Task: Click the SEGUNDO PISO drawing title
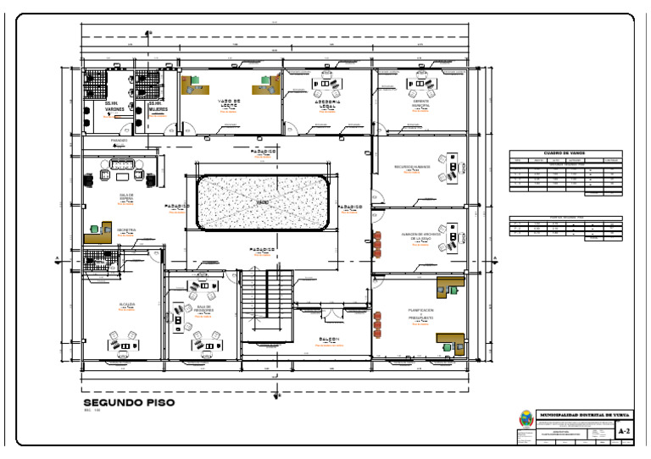tap(129, 403)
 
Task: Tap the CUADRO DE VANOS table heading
tap(565, 153)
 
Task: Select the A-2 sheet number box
tap(625, 432)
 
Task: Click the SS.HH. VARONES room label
tap(114, 107)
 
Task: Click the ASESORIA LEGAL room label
tap(326, 103)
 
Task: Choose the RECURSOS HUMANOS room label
tap(412, 167)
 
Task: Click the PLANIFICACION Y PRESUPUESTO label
tap(421, 316)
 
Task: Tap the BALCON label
tap(329, 338)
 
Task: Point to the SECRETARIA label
tap(127, 229)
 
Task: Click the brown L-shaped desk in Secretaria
tap(97, 233)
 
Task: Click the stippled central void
tap(263, 203)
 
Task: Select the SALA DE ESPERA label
tap(126, 197)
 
